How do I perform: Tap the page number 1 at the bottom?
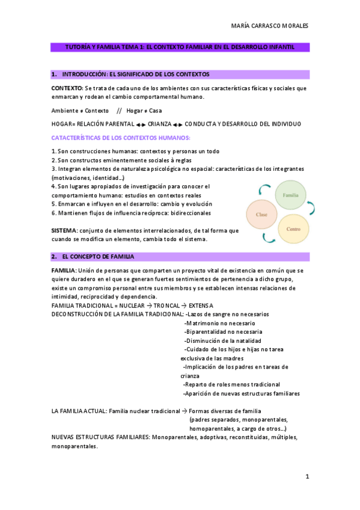coord(307,476)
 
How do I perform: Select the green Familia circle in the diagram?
coord(291,195)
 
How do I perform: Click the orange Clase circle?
coord(261,214)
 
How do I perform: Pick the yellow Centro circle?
coord(294,229)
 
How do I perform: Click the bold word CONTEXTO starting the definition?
coord(67,88)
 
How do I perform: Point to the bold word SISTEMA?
coord(64,230)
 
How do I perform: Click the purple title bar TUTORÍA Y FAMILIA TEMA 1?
coord(180,46)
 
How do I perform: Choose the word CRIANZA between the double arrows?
coord(159,124)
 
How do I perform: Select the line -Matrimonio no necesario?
coord(219,323)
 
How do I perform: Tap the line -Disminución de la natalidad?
coord(223,340)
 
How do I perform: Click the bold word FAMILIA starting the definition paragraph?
coord(64,271)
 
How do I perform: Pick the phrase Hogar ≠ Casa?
coord(144,111)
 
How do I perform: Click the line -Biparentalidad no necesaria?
coord(224,331)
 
